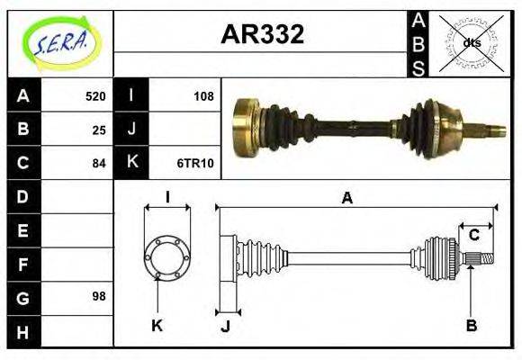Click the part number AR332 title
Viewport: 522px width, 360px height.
click(262, 34)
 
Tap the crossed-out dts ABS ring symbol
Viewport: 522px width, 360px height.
click(470, 42)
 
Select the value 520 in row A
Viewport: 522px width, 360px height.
click(95, 96)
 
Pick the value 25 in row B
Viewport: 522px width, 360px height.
click(99, 130)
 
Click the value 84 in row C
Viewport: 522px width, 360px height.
click(99, 163)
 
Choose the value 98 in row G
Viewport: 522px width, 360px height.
click(99, 296)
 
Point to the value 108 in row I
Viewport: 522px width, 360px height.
click(204, 96)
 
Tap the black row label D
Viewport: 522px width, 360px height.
click(22, 196)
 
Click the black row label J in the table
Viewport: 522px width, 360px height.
click(131, 130)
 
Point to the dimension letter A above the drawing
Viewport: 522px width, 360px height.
click(346, 198)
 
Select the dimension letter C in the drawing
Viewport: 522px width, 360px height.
click(473, 236)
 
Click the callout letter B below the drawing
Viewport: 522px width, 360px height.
click(470, 324)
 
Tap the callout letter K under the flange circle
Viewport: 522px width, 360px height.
click(157, 324)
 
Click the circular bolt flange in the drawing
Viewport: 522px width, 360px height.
click(167, 256)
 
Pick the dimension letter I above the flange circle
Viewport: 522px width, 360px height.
click(167, 197)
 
